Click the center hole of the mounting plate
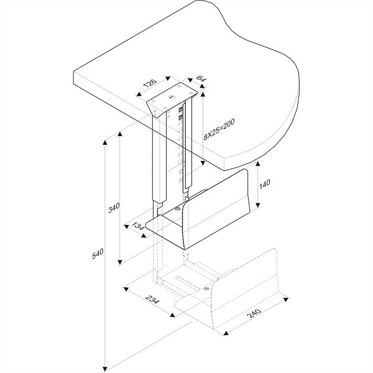tap(171, 98)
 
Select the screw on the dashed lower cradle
tap(206, 288)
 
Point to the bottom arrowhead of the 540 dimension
tap(106, 366)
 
